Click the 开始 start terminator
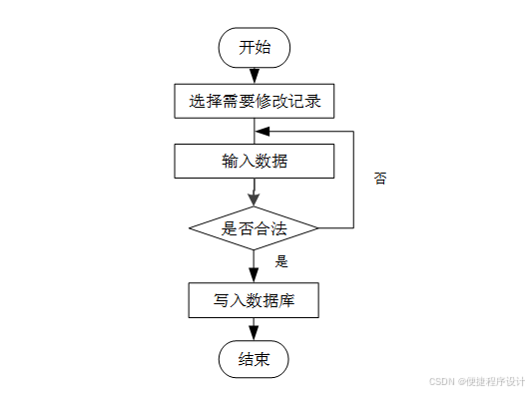click(255, 47)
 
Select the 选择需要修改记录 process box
click(255, 101)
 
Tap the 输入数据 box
click(255, 161)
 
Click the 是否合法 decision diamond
click(255, 228)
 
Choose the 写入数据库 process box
click(255, 299)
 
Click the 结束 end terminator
click(255, 360)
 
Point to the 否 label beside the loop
click(380, 180)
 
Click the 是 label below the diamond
click(281, 262)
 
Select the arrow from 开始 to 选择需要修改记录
click(255, 75)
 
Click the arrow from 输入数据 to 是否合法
click(255, 192)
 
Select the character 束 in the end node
click(263, 360)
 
